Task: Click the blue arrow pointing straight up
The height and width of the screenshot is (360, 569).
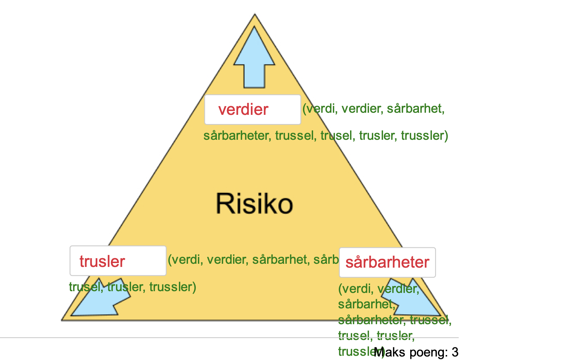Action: point(254,60)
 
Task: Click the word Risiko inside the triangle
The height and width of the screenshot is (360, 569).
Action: point(254,203)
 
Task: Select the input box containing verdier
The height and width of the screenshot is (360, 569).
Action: point(252,110)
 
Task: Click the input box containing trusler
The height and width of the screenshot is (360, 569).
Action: point(118,261)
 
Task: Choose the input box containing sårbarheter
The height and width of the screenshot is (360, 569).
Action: point(387,262)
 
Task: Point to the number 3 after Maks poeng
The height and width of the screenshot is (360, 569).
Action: point(455,352)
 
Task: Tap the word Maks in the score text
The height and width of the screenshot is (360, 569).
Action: point(389,352)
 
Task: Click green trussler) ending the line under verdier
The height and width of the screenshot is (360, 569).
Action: point(425,136)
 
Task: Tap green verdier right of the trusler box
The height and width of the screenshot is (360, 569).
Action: point(227,260)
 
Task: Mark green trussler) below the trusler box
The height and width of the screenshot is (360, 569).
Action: point(173,287)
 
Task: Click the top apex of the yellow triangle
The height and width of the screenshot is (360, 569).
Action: point(255,15)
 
